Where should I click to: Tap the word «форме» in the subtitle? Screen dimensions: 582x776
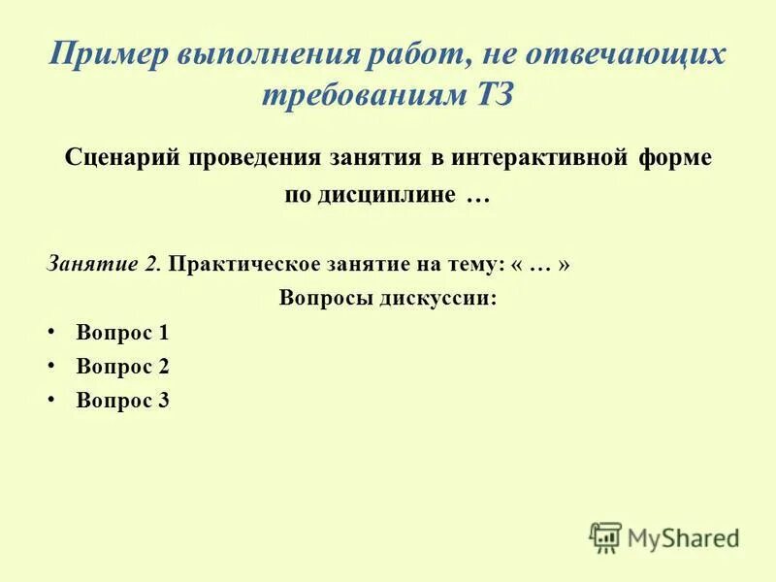click(676, 157)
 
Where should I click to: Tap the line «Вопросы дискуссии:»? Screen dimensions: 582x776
click(388, 298)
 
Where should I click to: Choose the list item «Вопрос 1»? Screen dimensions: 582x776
click(122, 334)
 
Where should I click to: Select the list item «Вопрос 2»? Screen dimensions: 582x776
click(122, 367)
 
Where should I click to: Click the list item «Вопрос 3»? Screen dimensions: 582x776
click(122, 400)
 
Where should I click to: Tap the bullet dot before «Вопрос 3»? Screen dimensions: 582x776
click(50, 399)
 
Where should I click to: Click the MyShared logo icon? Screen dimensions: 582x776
click(605, 537)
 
